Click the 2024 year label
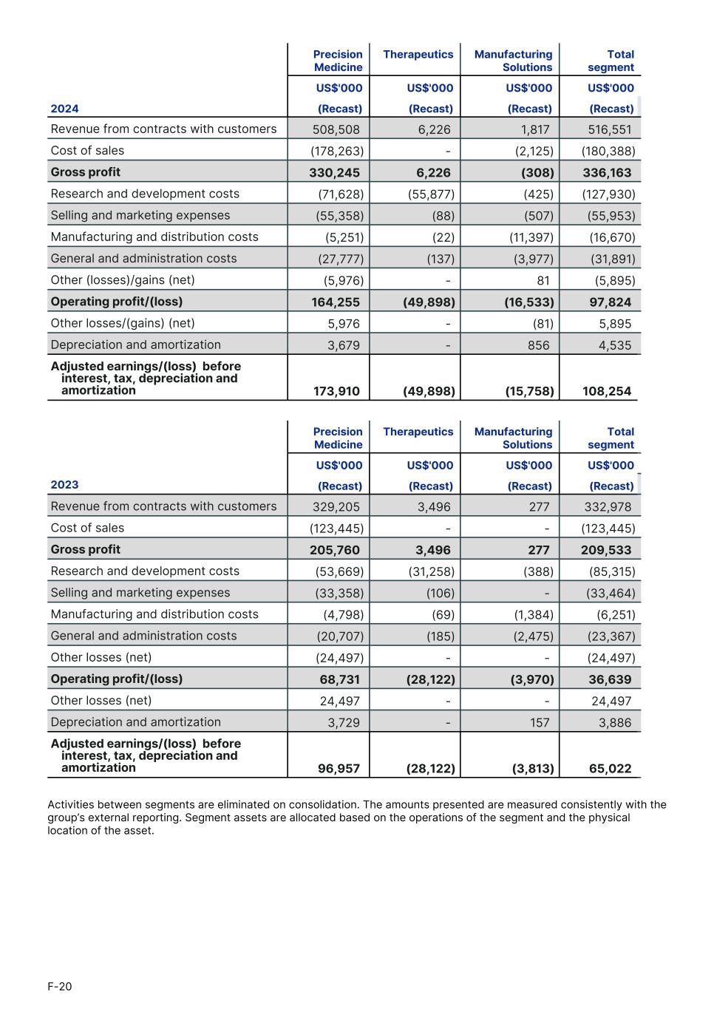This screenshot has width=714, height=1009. point(64,109)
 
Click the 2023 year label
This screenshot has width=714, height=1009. point(64,485)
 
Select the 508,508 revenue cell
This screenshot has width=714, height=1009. point(336,129)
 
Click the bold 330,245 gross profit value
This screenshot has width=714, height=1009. point(334,173)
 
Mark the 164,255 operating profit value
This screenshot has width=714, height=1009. point(335,302)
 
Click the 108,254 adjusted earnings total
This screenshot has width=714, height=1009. point(607,391)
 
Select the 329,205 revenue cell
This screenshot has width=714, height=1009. point(336,506)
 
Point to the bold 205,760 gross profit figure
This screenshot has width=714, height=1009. point(334,550)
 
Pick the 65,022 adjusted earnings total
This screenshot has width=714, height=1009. point(610,769)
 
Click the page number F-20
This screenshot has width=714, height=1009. point(60,986)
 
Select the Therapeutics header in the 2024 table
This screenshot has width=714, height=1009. point(418,55)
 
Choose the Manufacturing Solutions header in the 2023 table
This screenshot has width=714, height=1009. point(514,438)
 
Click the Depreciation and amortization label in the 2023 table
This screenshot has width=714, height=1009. point(135,722)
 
